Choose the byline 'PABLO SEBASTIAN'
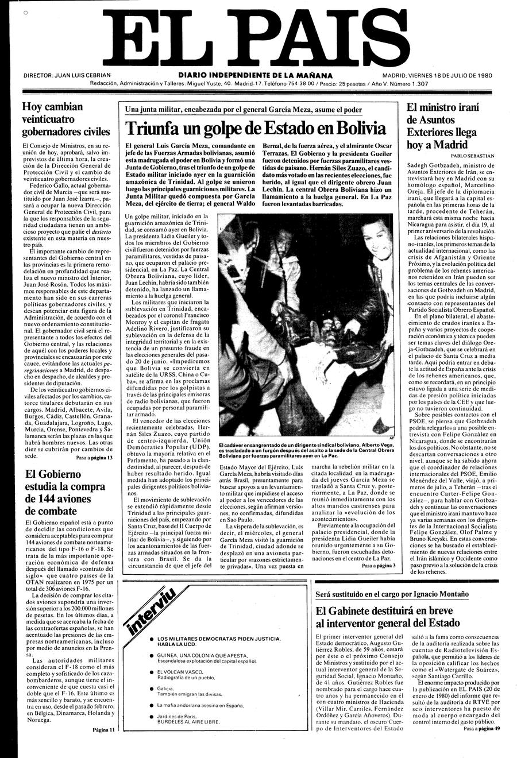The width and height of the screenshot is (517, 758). (473, 156)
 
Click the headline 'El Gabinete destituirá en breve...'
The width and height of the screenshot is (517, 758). (388, 616)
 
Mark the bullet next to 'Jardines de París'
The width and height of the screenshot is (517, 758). (151, 716)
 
